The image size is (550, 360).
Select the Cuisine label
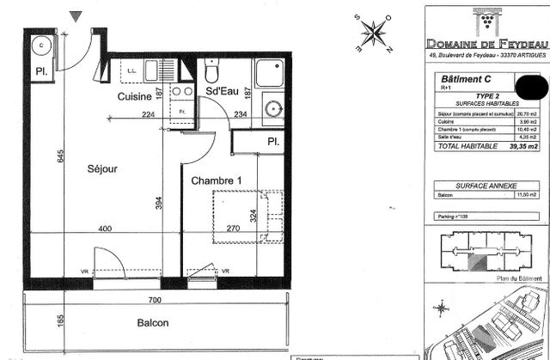pyautogui.click(x=134, y=97)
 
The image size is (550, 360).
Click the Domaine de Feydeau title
pyautogui.click(x=487, y=43)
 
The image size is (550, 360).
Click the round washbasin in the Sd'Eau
pyautogui.click(x=273, y=110)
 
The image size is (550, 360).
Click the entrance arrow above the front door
pyautogui.click(x=76, y=15)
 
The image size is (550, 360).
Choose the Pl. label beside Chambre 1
pyautogui.click(x=272, y=141)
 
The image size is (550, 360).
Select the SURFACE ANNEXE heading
pyautogui.click(x=486, y=186)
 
